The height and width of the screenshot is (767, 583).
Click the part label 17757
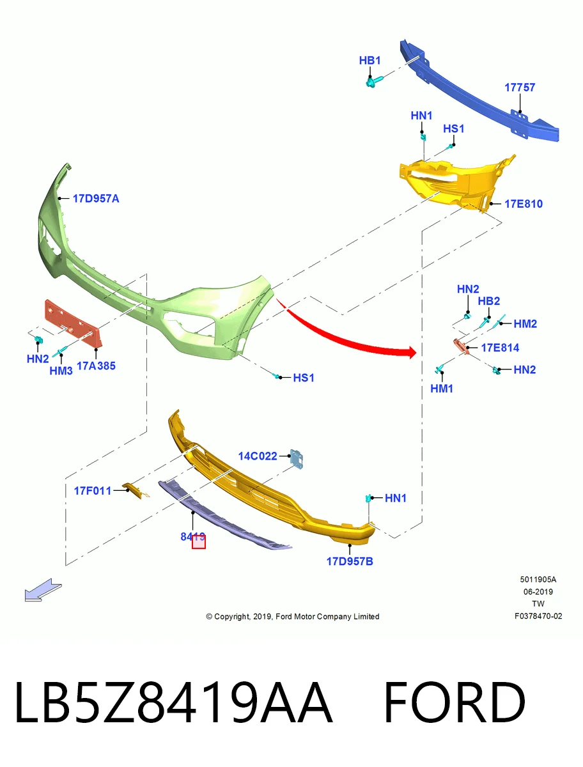tap(520, 88)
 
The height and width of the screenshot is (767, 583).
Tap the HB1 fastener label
tap(369, 61)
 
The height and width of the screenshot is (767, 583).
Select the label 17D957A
tap(96, 199)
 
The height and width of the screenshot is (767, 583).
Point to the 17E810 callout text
tap(524, 204)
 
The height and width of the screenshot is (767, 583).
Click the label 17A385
tap(96, 366)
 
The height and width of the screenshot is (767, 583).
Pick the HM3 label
tap(61, 371)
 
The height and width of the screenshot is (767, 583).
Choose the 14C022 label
tap(258, 456)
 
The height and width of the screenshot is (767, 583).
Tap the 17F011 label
tap(92, 491)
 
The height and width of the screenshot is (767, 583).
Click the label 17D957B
tap(350, 561)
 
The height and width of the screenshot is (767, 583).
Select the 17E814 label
tap(500, 348)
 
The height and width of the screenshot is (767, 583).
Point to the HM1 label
tap(442, 389)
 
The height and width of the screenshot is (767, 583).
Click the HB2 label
tap(488, 301)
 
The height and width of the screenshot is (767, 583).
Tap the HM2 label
tap(525, 324)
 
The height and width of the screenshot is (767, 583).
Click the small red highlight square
tap(199, 541)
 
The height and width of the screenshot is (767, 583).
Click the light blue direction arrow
tap(43, 590)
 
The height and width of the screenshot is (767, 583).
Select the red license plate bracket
tap(73, 323)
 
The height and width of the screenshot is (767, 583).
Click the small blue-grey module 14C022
tap(297, 459)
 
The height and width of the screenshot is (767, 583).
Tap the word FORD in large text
tap(455, 702)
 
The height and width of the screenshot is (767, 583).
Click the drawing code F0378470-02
tap(538, 616)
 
